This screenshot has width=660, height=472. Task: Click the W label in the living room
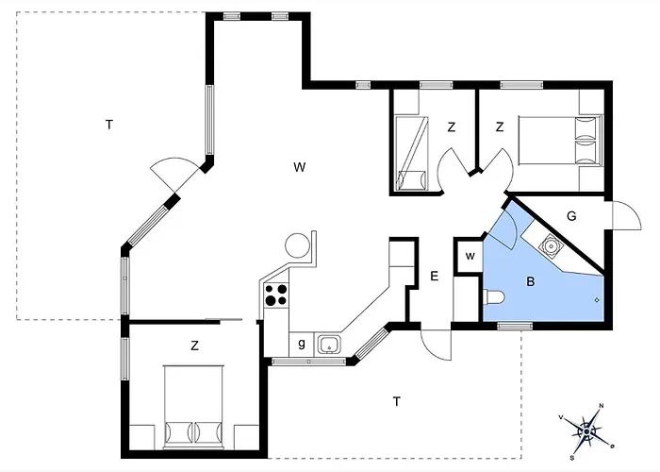tap(299, 168)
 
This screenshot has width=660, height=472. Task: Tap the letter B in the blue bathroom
tap(530, 281)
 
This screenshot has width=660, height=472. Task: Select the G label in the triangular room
tap(571, 216)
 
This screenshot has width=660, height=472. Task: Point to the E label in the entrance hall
tap(434, 277)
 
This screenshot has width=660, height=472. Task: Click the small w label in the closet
tap(469, 256)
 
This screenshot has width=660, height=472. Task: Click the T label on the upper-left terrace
tap(109, 124)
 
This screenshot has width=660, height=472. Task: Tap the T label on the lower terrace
tap(397, 402)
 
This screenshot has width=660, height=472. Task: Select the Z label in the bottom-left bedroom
tap(194, 346)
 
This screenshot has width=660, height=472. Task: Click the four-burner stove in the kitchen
tap(275, 295)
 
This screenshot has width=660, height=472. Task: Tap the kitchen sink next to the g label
tap(329, 344)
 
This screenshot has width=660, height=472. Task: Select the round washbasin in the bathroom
tap(548, 245)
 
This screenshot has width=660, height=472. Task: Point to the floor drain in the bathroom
tap(597, 300)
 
